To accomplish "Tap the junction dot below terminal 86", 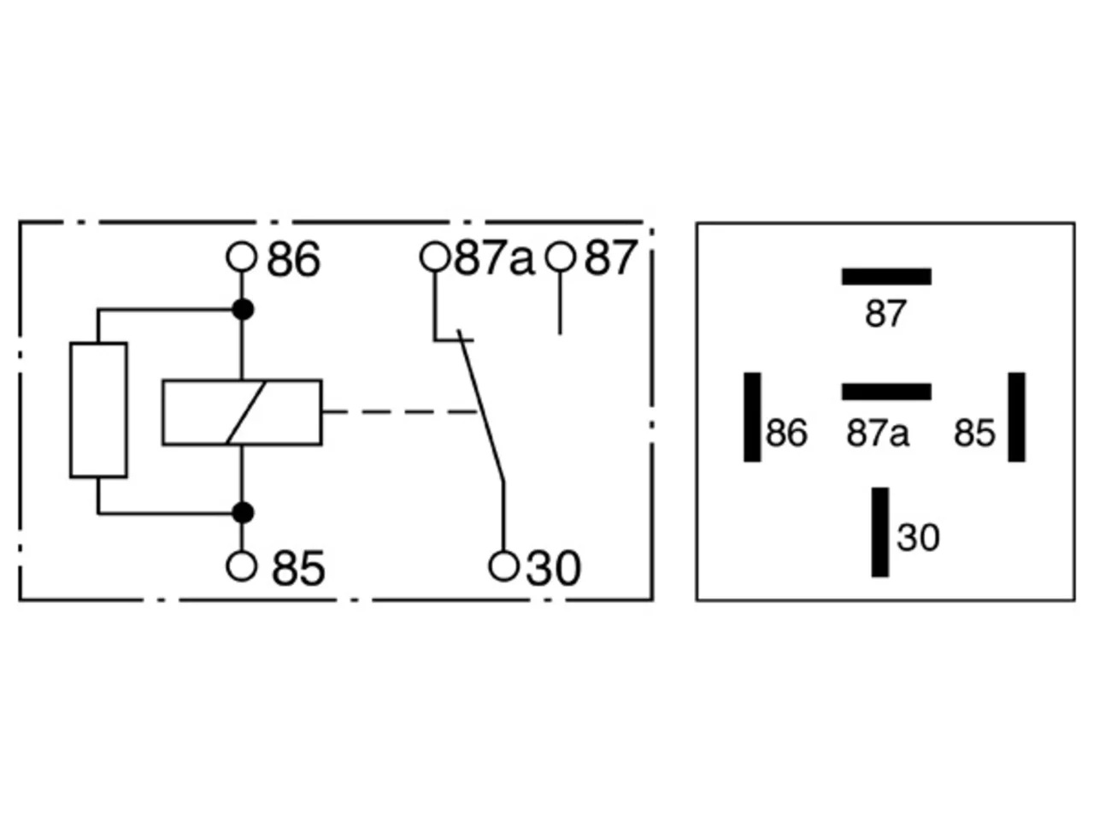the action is click(243, 310).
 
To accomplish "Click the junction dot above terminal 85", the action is click(243, 512).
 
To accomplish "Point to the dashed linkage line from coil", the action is click(400, 411).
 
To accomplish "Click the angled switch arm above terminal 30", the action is click(481, 406).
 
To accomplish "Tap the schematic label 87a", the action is click(494, 257).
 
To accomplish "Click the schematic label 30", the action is click(553, 568).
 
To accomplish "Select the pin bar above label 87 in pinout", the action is click(886, 276).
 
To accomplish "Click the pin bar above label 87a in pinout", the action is click(886, 392).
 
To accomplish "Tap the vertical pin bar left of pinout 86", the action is click(752, 417).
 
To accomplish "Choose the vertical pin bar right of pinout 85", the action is click(1016, 417).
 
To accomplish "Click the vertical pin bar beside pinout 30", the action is click(879, 533).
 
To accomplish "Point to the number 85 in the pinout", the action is click(973, 433).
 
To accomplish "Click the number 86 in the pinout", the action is click(786, 433).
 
